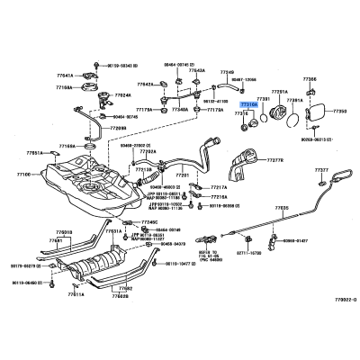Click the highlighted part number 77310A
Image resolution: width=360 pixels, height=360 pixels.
pos(247,105)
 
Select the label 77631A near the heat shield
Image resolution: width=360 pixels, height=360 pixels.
pos(114,231)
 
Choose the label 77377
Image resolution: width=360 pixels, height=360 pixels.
pos(322,168)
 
